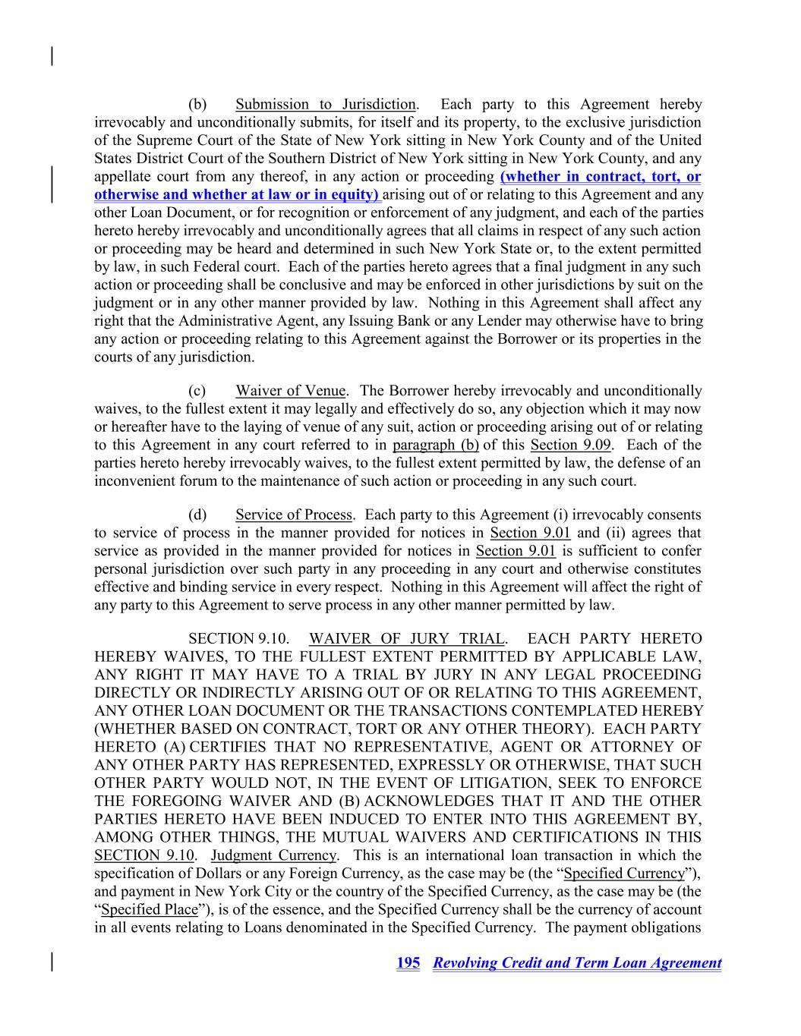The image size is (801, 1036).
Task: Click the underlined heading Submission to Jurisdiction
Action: coord(326,105)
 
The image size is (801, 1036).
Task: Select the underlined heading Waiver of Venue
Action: coord(291,391)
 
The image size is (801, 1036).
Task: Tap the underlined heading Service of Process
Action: coord(294,515)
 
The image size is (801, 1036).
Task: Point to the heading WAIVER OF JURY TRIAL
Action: coord(407,639)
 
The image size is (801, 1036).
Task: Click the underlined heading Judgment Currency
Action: coord(273,855)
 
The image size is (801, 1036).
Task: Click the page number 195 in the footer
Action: coord(408,963)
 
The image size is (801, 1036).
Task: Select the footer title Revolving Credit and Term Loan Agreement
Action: coord(577,963)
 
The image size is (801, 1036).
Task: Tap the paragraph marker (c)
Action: coord(197,391)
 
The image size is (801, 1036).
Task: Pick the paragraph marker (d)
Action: coord(197,515)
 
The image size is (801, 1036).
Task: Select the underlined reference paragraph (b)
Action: coord(436,445)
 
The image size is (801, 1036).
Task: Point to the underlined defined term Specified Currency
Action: coord(624,874)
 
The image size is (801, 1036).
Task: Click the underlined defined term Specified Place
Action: coord(149,909)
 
